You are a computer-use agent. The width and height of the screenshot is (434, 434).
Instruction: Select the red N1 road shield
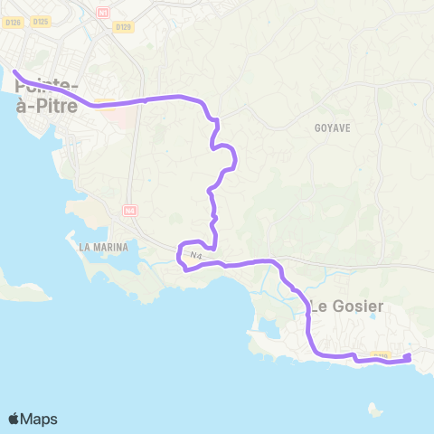coord(102,13)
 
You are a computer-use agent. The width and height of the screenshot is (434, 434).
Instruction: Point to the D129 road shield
coord(124,27)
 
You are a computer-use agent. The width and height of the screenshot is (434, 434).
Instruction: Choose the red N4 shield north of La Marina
coord(129,210)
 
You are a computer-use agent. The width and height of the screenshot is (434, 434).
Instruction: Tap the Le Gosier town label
coord(346,306)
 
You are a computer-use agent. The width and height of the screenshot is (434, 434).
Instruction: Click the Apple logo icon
coord(14,419)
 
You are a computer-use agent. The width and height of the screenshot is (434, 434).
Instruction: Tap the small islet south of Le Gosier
coord(374,410)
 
